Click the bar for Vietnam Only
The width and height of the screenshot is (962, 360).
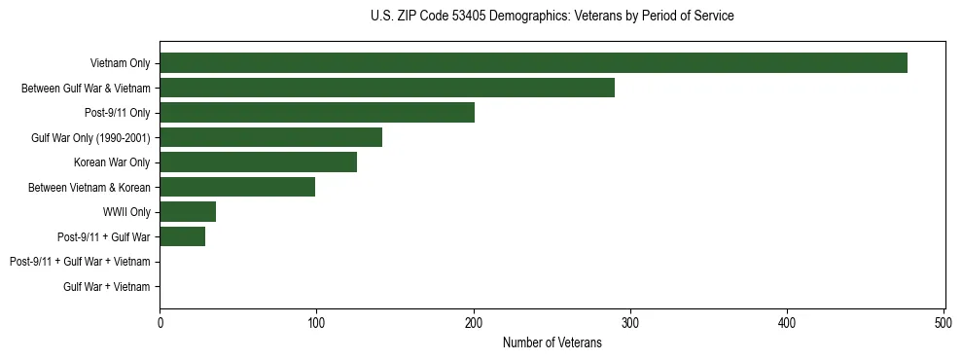tap(533, 63)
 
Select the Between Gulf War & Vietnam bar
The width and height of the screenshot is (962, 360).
tap(387, 88)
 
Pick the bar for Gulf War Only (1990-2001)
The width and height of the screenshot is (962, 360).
tap(270, 137)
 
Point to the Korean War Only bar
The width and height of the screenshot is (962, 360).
tap(258, 162)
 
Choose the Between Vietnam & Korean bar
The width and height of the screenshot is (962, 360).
tap(237, 187)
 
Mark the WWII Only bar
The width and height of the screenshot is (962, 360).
tap(188, 212)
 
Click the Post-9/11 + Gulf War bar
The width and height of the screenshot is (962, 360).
tap(182, 236)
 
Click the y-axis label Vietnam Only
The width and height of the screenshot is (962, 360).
tap(120, 63)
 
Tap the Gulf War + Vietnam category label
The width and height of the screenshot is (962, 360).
tap(107, 287)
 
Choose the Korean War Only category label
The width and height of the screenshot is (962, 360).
tap(112, 162)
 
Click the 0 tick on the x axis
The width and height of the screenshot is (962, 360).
tap(160, 322)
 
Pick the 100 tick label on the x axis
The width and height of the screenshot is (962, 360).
tap(316, 322)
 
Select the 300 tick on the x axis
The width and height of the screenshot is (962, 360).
tap(630, 322)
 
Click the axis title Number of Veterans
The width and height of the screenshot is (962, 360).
tap(552, 342)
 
